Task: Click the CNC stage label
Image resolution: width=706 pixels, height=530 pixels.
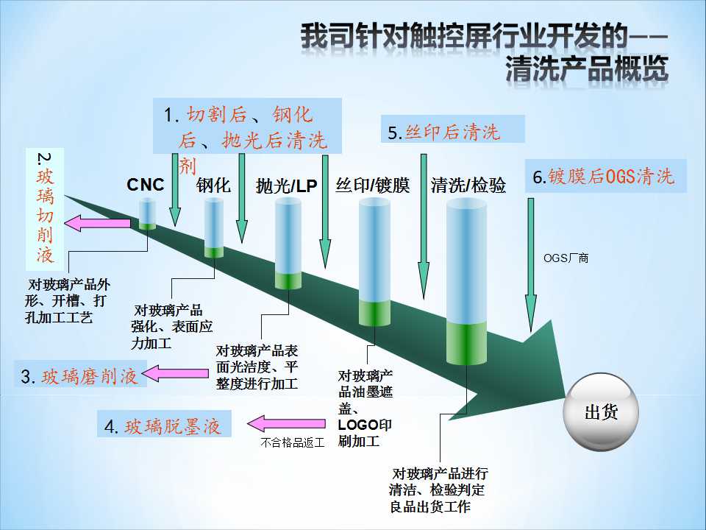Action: click(x=146, y=185)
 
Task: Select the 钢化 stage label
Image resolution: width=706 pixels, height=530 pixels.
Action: click(x=213, y=185)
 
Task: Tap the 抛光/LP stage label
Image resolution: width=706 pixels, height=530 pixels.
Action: click(x=287, y=186)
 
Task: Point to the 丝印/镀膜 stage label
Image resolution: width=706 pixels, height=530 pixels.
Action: click(x=372, y=185)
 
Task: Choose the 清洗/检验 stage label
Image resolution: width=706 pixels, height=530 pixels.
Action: click(x=468, y=185)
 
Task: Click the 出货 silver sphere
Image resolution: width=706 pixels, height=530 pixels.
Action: click(x=601, y=412)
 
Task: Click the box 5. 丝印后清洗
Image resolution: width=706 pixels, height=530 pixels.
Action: click(x=453, y=131)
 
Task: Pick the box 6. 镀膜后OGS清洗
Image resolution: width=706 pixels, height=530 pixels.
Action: click(x=605, y=177)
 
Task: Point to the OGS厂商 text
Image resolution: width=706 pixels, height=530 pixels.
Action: click(x=566, y=258)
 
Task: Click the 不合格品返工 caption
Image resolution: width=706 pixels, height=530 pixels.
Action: click(x=291, y=443)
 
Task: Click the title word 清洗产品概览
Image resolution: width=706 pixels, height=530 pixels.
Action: click(x=587, y=70)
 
